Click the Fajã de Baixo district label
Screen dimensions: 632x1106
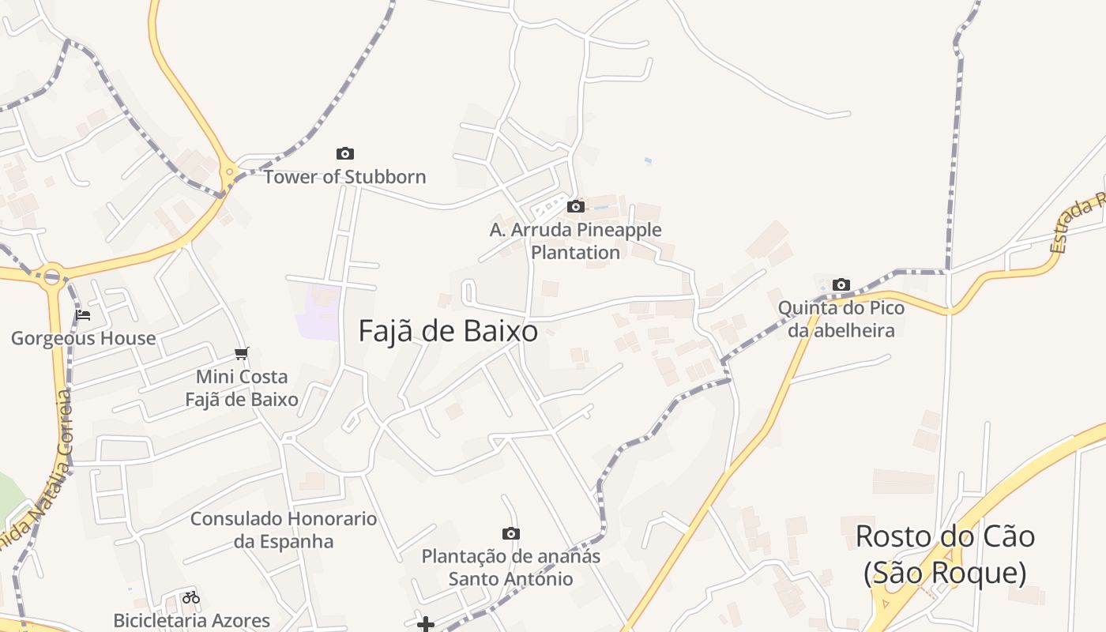[x=448, y=331]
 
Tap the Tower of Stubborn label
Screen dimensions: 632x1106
[x=344, y=177]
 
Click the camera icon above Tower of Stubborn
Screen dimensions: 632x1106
[x=345, y=153]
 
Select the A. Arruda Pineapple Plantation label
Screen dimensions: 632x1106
[x=575, y=241]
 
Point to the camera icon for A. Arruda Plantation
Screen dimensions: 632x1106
[x=576, y=206]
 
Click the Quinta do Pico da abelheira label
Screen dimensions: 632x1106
[x=841, y=318]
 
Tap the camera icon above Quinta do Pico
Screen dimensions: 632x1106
[x=841, y=284]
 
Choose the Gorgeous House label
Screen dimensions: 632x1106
[x=83, y=339]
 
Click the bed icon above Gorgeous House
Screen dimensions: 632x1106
[x=83, y=315]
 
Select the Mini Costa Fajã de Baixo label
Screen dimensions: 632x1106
[x=242, y=388]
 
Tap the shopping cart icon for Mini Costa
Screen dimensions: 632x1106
[x=242, y=353]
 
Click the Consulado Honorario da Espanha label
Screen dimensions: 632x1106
[x=284, y=530]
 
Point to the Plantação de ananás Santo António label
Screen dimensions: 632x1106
[x=510, y=567]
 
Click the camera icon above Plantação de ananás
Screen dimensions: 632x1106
[x=511, y=533]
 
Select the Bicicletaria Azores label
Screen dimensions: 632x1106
[x=191, y=620]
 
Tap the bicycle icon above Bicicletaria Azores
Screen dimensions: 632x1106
[x=191, y=597]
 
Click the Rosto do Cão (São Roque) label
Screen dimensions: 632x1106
[x=945, y=554]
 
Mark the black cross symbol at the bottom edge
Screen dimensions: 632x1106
[x=426, y=625]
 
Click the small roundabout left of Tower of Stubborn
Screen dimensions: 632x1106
[x=229, y=171]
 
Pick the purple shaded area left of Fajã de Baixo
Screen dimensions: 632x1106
[x=318, y=312]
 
